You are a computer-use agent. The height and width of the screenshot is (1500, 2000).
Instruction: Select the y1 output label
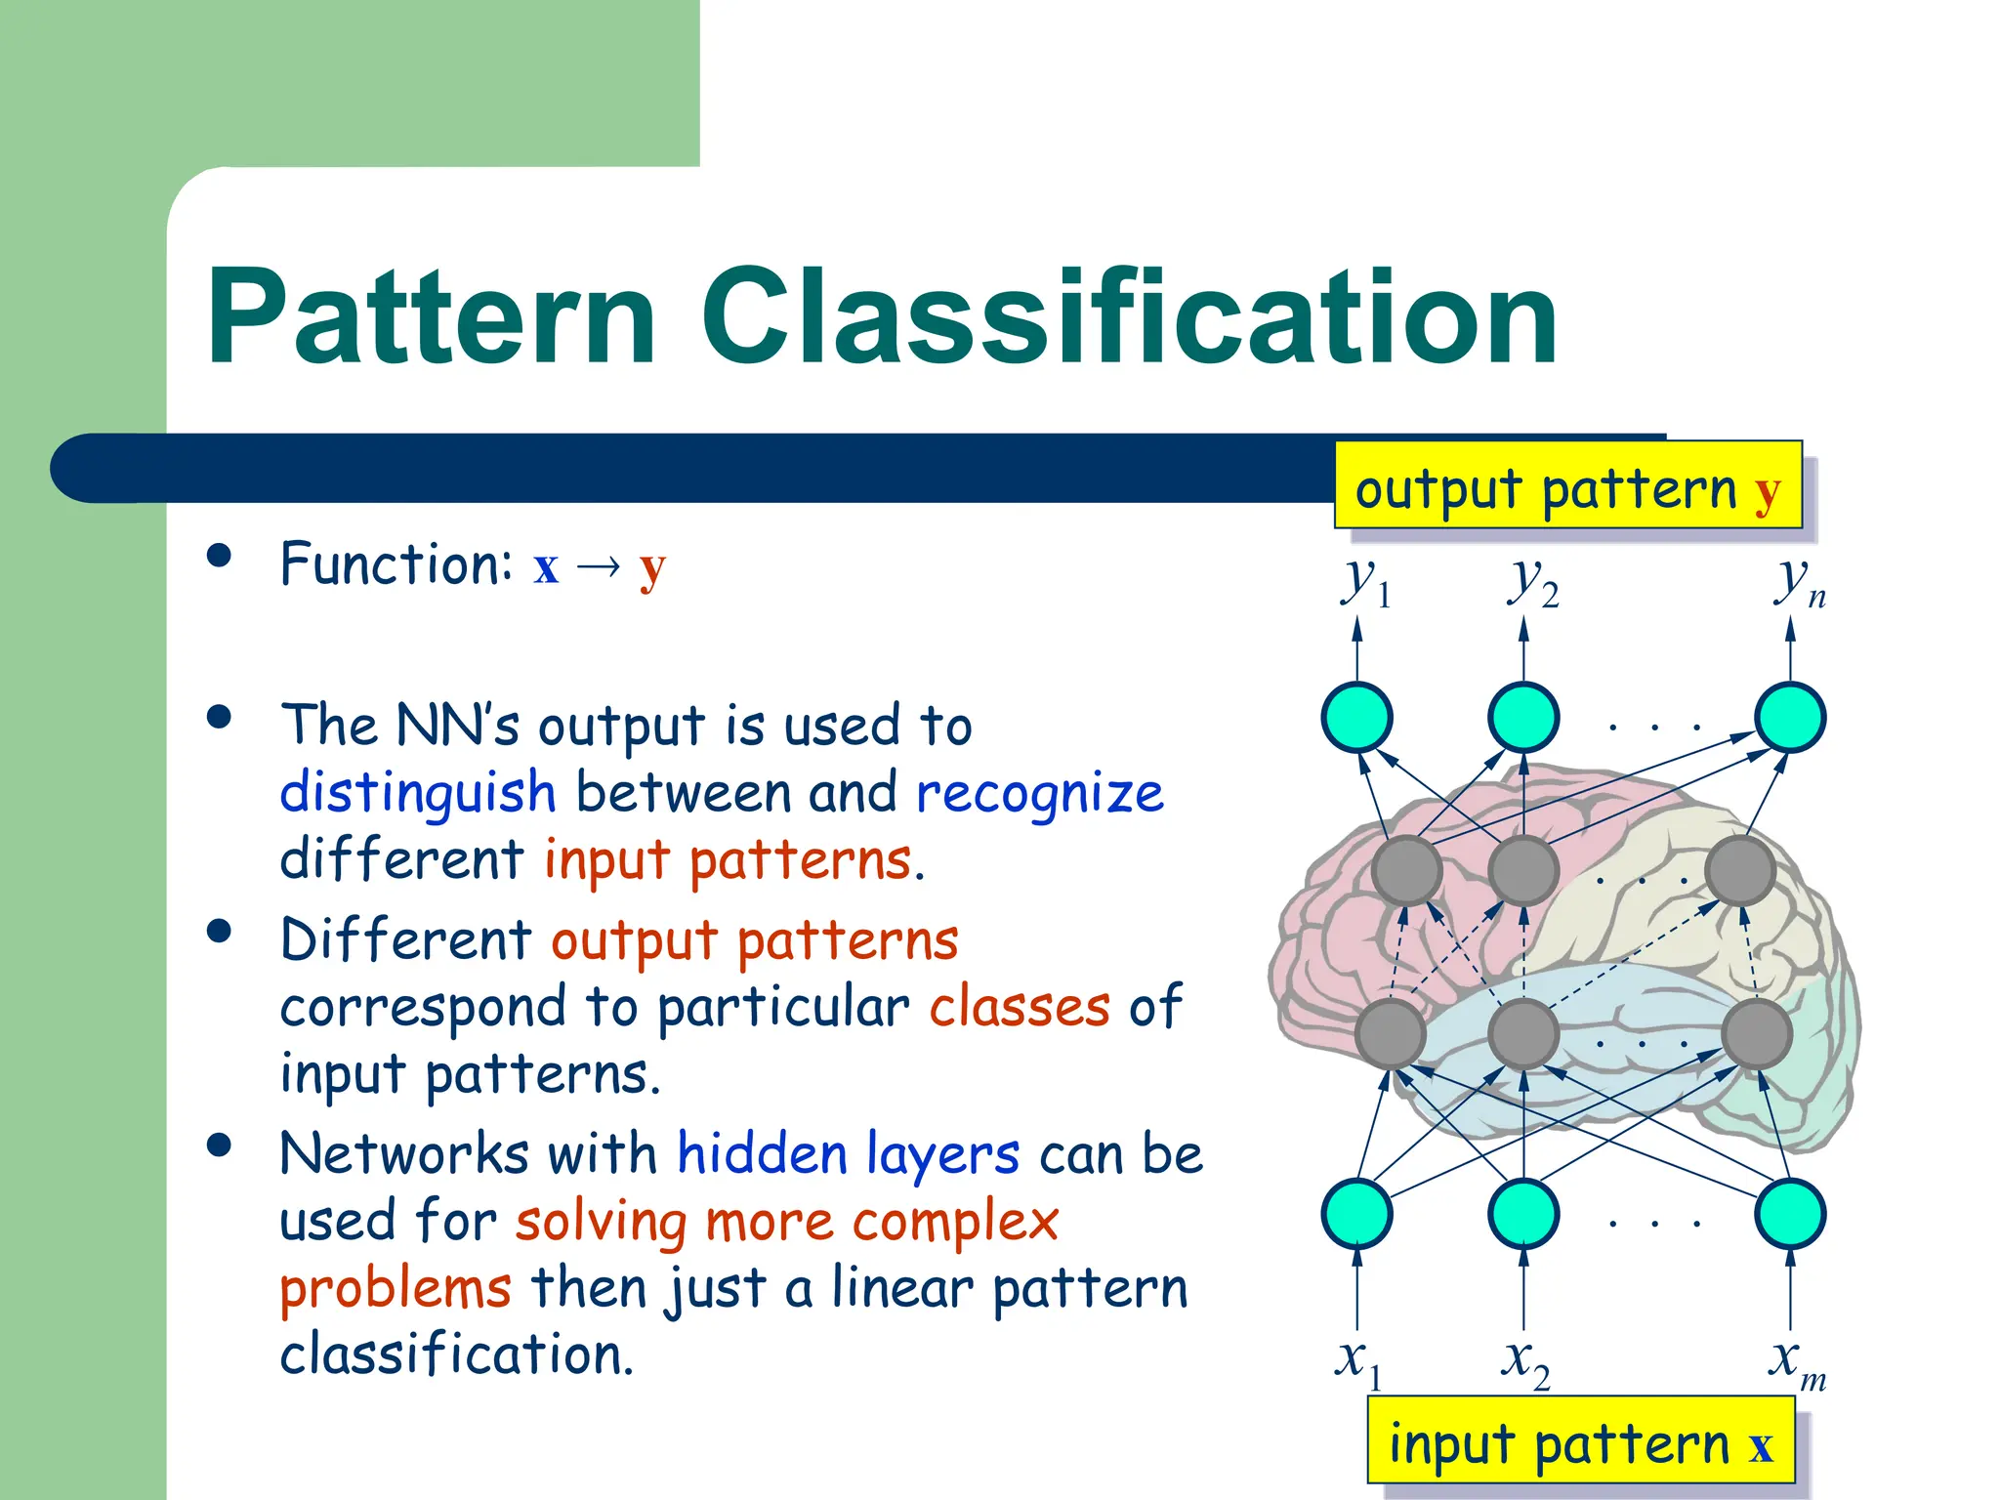point(1362,583)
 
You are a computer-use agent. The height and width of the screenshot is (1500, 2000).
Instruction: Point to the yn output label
point(1797,583)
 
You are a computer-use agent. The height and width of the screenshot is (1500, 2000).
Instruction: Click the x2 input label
point(1524,1361)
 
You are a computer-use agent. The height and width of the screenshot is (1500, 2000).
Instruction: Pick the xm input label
point(1795,1361)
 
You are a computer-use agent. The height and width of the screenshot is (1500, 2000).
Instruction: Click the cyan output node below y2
point(1523,718)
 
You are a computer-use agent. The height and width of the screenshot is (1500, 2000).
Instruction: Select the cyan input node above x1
point(1356,1213)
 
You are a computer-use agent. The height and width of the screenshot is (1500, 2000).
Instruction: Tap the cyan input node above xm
point(1789,1213)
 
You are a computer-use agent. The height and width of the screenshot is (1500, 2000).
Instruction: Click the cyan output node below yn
point(1789,718)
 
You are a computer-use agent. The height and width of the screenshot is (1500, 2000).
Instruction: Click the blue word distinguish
point(418,792)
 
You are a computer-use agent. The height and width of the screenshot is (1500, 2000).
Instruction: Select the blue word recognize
point(1040,792)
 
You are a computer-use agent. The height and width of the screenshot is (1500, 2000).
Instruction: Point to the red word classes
point(1019,1007)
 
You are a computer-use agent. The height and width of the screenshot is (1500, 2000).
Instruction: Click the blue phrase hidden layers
point(848,1154)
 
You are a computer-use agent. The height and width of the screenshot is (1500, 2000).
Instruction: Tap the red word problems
point(395,1288)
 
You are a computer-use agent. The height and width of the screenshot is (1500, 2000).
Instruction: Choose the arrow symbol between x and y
point(599,567)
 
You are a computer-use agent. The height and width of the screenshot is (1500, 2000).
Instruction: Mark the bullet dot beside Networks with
point(220,1145)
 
